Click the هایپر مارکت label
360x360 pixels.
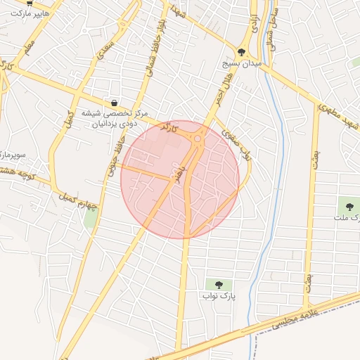click(x=27, y=13)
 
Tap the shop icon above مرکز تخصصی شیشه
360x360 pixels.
click(x=114, y=103)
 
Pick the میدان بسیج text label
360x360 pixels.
click(x=243, y=63)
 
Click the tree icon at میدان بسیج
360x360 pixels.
click(x=242, y=51)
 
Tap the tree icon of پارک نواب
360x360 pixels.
click(x=218, y=285)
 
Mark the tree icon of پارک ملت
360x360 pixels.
click(x=349, y=206)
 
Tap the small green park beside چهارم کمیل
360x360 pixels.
click(x=91, y=218)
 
